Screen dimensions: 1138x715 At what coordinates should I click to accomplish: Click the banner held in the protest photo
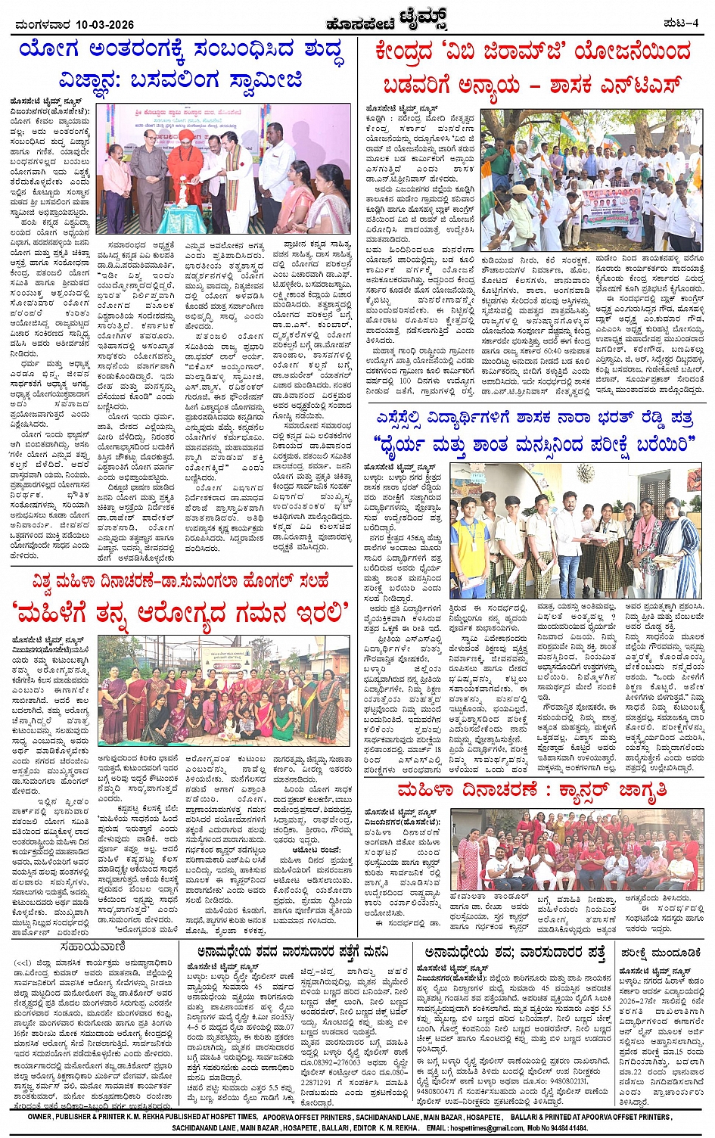tap(613, 210)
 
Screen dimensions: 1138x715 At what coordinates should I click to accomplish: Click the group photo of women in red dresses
tap(577, 847)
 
